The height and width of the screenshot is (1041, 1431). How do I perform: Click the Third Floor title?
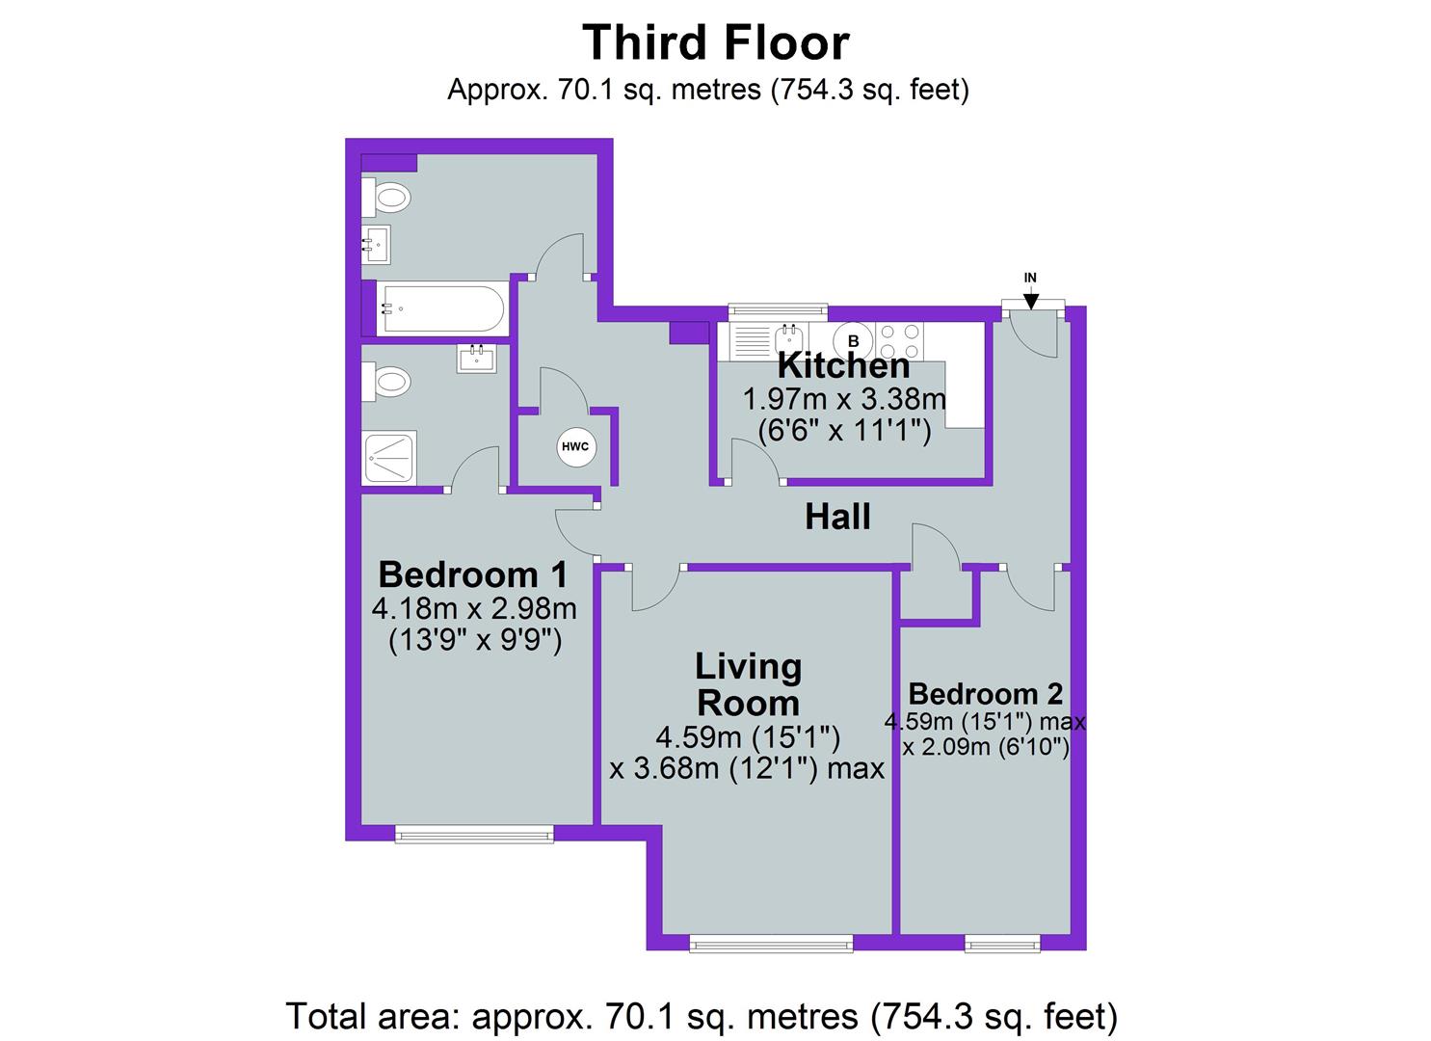coord(715,43)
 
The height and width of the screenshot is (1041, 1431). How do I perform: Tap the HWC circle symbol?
coord(575,447)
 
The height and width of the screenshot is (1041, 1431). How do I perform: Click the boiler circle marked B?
coord(853,340)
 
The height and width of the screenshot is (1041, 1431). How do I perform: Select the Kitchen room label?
coord(843,366)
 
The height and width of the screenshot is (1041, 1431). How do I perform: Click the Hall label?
coord(837,518)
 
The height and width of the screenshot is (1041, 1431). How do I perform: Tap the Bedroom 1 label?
coord(472,574)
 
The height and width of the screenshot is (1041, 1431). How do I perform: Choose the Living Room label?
coord(748,684)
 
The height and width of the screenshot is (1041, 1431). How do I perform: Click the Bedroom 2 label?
coord(985,694)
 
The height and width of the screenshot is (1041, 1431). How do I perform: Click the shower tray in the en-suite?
coord(390,458)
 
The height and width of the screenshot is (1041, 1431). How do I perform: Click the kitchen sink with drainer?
coord(769,340)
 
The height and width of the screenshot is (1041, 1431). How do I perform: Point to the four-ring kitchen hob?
coord(900,340)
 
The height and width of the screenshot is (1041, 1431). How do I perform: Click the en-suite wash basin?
coord(477,359)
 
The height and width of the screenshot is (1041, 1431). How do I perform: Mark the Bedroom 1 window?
coord(474,834)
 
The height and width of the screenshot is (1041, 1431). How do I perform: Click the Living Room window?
coord(771,944)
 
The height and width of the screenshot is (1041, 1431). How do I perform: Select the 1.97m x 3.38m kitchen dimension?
coord(843,398)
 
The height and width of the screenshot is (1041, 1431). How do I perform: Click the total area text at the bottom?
coord(702,1016)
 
